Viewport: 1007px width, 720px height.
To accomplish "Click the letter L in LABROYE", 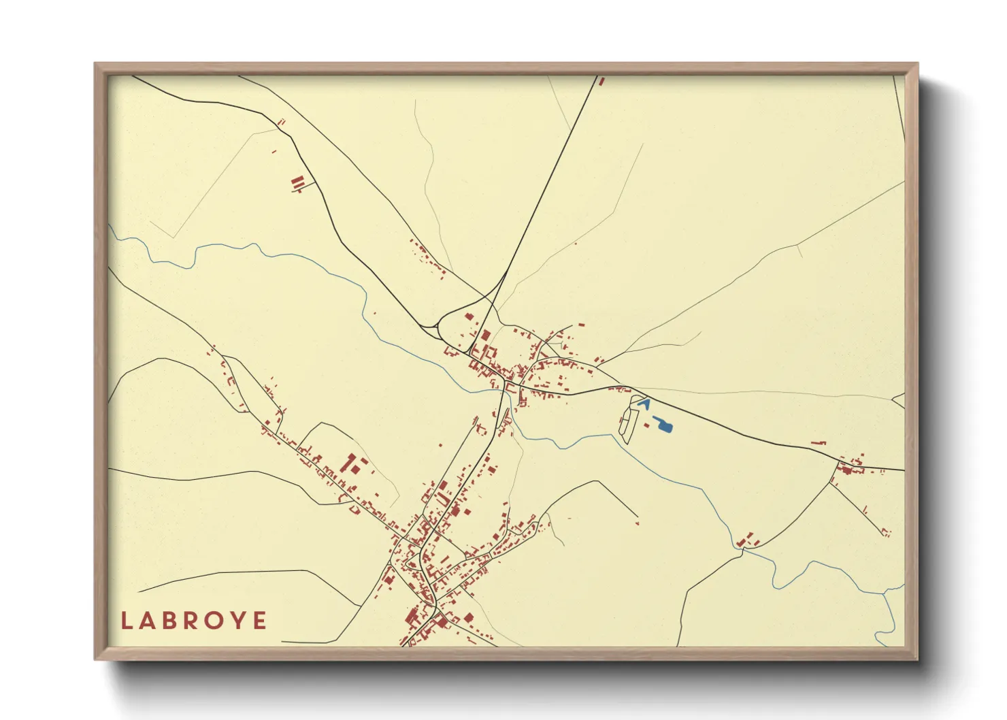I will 126,621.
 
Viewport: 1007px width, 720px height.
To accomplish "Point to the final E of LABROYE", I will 260,621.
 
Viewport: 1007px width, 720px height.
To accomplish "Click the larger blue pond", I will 663,426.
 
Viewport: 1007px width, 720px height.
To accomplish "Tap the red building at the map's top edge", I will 601,81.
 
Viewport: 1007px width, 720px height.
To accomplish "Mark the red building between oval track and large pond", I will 646,425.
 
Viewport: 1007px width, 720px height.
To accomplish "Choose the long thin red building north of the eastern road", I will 819,444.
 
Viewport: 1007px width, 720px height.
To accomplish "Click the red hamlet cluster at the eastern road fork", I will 851,467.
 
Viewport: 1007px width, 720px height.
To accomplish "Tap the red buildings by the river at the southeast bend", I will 748,540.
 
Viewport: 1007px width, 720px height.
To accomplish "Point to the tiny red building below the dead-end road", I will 637,523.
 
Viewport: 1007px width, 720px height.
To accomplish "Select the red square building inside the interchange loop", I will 468,315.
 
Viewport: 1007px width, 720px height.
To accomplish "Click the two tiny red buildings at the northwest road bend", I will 281,122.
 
